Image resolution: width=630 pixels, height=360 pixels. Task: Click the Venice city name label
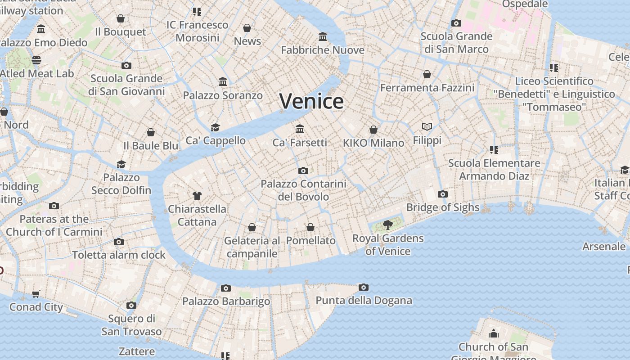point(311,101)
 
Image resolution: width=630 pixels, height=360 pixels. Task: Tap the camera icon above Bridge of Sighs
point(443,194)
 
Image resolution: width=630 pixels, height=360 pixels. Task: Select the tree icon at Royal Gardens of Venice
point(387,225)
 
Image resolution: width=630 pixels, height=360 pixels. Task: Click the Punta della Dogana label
point(364,301)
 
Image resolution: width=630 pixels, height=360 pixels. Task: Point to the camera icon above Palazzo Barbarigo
point(226,288)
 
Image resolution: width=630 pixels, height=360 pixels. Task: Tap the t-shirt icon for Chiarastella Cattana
point(197,195)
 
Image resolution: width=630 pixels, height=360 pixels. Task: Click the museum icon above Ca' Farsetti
point(300,129)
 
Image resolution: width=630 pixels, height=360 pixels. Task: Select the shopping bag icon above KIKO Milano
point(373,130)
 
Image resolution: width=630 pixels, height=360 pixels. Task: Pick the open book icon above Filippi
point(427,127)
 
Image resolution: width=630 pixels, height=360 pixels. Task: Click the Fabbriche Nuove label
point(323,50)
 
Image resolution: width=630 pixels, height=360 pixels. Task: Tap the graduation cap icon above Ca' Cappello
point(216,127)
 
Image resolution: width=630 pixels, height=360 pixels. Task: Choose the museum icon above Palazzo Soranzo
point(223,82)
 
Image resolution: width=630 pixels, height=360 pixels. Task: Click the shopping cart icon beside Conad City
point(36,294)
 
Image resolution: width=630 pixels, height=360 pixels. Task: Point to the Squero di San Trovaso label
point(131,325)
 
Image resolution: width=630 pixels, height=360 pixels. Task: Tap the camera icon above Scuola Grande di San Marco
point(456,23)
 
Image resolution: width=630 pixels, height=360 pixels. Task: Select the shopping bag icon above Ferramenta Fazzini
point(427,74)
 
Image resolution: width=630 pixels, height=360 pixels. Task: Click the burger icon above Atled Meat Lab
point(36,60)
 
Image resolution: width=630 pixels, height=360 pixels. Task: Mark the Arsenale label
point(604,247)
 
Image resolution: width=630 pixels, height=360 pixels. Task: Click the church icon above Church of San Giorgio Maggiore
point(494,333)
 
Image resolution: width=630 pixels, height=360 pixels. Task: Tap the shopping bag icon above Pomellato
point(310,227)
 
